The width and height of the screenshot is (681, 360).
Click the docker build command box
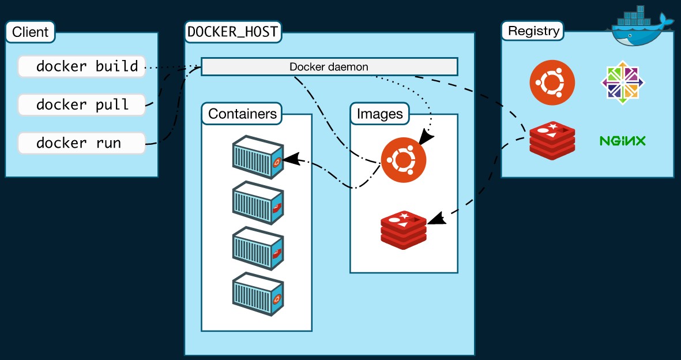(x=82, y=66)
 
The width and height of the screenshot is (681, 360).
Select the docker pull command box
(x=82, y=104)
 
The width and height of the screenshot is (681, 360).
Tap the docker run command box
(x=82, y=142)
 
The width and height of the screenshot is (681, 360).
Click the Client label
(x=31, y=32)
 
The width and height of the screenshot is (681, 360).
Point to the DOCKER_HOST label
(x=233, y=32)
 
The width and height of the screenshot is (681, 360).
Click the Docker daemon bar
(x=329, y=66)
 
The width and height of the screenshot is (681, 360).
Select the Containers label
(x=242, y=114)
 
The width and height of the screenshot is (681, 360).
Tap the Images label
(x=379, y=114)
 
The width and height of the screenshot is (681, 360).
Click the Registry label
(x=533, y=31)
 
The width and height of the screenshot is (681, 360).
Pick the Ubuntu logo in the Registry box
(x=552, y=82)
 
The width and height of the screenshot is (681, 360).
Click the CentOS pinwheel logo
(x=622, y=82)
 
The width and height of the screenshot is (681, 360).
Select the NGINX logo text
(x=622, y=140)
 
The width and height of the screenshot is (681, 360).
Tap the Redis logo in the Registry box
(x=552, y=140)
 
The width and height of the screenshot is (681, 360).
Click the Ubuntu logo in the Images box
(x=404, y=160)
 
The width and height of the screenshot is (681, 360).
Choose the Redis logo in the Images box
(x=404, y=230)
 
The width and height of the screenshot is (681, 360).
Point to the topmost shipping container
(x=258, y=157)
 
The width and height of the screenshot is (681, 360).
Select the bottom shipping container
(x=258, y=294)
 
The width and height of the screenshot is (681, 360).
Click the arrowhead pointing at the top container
(x=292, y=159)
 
